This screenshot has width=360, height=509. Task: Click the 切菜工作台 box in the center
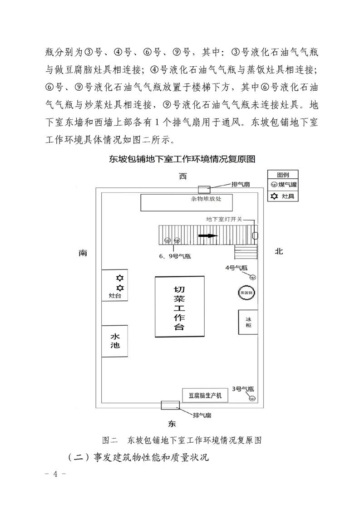click(180, 307)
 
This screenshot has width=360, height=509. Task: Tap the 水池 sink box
click(115, 341)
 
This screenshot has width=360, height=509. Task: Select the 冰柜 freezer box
click(248, 322)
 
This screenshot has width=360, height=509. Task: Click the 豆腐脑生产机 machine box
click(205, 396)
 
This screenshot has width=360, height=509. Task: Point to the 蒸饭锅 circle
click(247, 293)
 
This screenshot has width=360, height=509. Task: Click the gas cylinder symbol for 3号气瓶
click(252, 398)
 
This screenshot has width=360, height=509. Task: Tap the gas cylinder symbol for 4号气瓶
click(252, 277)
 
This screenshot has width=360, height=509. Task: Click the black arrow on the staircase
click(208, 235)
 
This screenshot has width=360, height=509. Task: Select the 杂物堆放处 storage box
click(187, 203)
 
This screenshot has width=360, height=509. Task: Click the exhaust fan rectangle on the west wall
click(204, 189)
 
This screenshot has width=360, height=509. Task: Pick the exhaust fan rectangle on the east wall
click(170, 405)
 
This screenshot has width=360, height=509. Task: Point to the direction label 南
click(83, 253)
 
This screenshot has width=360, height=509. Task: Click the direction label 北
click(279, 251)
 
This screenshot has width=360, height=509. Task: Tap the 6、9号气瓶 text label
click(175, 256)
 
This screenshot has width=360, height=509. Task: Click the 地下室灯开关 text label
click(224, 220)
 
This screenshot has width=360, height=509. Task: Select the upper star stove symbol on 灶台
click(120, 278)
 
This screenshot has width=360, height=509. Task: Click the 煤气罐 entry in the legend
click(283, 185)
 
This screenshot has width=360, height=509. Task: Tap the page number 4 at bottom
click(55, 474)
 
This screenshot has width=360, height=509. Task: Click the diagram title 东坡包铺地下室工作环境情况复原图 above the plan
click(182, 159)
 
